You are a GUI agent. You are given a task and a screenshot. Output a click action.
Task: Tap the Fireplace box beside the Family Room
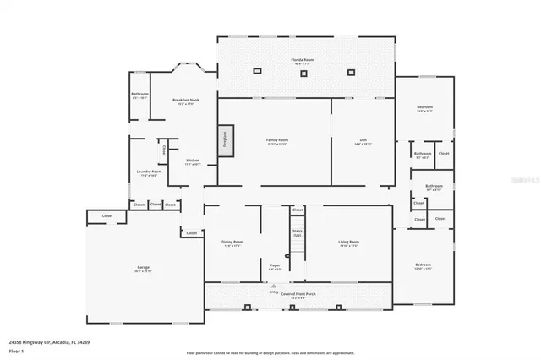pos(225,139)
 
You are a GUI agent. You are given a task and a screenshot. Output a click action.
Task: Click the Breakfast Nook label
pos(185,101)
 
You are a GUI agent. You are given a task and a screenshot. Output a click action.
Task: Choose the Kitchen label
pos(193,162)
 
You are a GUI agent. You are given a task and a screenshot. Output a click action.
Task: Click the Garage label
pos(143,269)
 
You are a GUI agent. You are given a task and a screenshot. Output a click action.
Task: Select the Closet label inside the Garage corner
pos(107,216)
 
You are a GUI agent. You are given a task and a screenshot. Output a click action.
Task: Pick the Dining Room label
pos(232,243)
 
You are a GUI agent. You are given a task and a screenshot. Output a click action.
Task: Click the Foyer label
pos(275,266)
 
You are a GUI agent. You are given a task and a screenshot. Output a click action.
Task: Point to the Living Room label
pos(349,243)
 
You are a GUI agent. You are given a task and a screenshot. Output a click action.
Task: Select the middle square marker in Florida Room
pos(303,74)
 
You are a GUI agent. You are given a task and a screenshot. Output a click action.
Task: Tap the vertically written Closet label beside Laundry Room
pos(163,150)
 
